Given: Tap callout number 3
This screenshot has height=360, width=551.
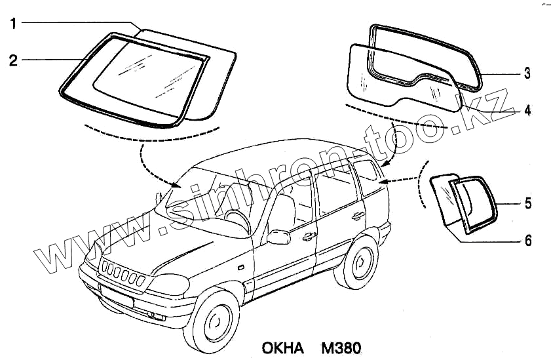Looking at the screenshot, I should [x=526, y=74].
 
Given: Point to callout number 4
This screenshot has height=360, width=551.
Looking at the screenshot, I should [x=526, y=110].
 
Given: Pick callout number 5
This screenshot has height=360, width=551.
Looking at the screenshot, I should [x=526, y=204].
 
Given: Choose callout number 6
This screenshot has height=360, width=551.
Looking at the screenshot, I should [x=526, y=241].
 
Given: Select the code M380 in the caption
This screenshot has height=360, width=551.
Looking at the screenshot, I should [x=339, y=346].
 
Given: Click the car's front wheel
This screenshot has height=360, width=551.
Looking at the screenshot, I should [x=212, y=321].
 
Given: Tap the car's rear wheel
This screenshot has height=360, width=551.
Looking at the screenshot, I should [x=358, y=262].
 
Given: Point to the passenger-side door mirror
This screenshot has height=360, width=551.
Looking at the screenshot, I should [x=278, y=236].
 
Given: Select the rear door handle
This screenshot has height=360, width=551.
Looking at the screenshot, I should [x=358, y=216].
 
